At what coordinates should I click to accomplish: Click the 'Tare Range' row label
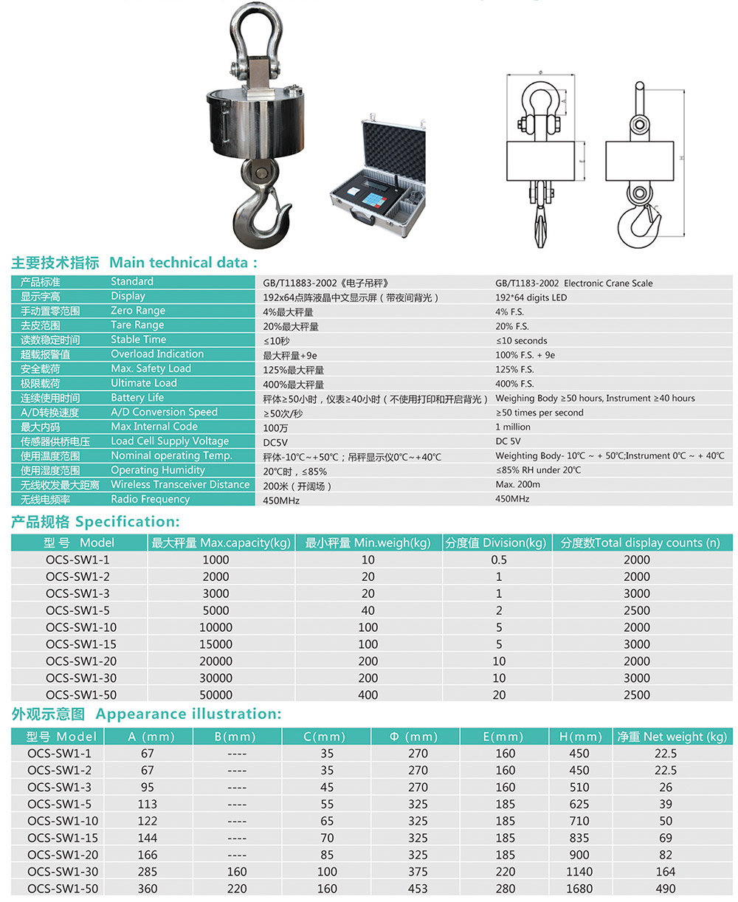click(x=137, y=325)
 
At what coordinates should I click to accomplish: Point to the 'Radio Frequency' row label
click(x=150, y=499)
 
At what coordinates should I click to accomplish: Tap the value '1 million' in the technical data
click(x=513, y=427)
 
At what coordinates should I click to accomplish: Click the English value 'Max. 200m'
click(x=517, y=485)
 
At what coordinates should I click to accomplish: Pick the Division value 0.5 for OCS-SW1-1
click(x=499, y=560)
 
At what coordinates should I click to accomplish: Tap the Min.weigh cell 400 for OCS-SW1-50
click(x=368, y=695)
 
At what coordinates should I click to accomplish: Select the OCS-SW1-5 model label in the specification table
click(x=77, y=610)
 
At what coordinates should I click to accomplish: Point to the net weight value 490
click(x=666, y=889)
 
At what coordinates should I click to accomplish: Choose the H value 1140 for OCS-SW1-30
click(x=579, y=872)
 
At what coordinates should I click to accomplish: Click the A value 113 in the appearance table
click(x=147, y=804)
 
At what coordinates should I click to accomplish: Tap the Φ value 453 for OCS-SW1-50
click(x=417, y=889)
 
